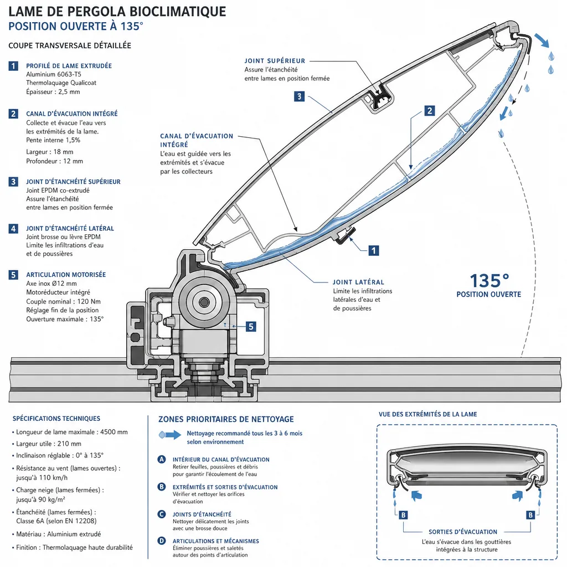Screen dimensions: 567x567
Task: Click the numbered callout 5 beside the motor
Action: [x=251, y=327]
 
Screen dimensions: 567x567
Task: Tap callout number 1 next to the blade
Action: [x=374, y=250]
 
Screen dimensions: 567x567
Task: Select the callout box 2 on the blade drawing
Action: [x=429, y=111]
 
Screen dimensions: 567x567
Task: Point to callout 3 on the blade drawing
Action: [x=299, y=96]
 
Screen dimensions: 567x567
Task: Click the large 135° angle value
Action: [x=489, y=281]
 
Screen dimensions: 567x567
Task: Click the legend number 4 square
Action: [x=13, y=229]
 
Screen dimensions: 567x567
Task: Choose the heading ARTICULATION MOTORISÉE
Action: [x=66, y=275]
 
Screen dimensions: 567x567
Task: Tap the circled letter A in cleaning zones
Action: [x=162, y=459]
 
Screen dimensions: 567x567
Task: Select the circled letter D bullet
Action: [x=162, y=541]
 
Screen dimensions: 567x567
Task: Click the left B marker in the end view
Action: [x=403, y=515]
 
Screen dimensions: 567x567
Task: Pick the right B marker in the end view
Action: [x=530, y=515]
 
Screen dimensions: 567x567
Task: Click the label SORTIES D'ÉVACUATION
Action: [x=463, y=532]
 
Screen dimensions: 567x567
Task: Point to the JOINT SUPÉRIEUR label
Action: [x=275, y=61]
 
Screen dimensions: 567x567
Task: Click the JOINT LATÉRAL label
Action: [x=358, y=282]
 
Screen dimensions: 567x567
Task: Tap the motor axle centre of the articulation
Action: [x=204, y=302]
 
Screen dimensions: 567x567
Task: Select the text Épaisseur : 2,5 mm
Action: [x=53, y=92]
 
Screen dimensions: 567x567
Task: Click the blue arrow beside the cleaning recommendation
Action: [x=170, y=435]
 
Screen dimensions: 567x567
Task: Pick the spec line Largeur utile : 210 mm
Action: [x=49, y=444]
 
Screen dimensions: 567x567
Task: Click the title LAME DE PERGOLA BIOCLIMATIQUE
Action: [x=117, y=12]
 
